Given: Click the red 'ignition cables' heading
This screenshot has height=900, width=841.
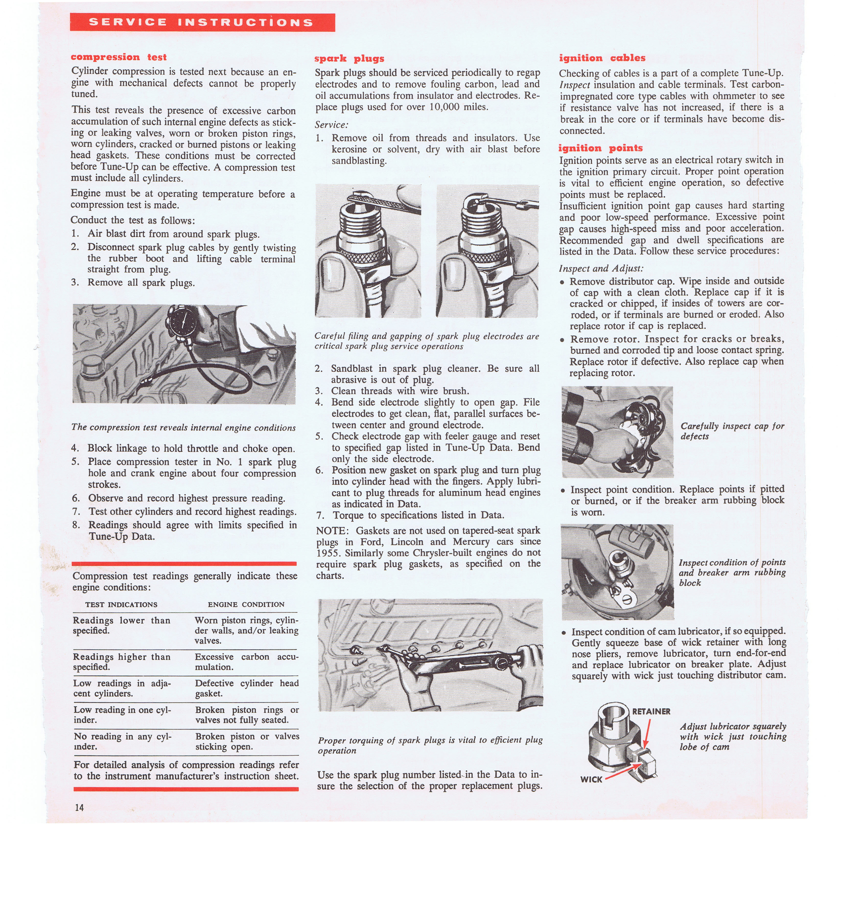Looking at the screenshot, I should pos(602,58).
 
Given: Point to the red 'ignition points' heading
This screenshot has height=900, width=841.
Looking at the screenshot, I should pos(600,148).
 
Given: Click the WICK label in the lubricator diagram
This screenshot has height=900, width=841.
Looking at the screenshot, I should pos(591,779).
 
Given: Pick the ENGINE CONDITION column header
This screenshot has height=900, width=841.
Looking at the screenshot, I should pos(246,604).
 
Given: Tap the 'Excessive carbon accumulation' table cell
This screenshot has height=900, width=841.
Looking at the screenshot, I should pos(246,661).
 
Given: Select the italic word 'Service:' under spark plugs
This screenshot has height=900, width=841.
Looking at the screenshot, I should pos(331,125).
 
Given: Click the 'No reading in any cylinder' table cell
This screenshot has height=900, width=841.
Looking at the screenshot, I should pos(122,741).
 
